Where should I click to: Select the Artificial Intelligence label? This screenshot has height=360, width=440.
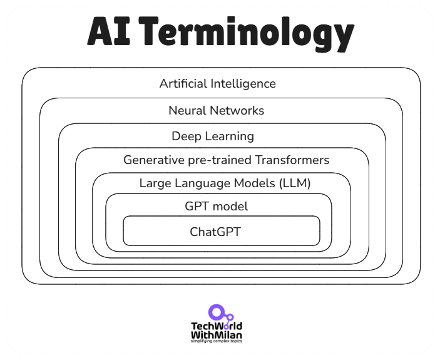217,83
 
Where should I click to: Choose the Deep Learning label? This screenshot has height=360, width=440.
213,136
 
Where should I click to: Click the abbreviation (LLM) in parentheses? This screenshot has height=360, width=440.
294,183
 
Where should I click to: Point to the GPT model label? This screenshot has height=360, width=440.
216,207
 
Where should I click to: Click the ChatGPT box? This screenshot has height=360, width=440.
221,232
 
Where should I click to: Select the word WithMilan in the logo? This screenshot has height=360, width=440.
216,334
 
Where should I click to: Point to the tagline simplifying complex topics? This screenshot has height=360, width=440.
216,341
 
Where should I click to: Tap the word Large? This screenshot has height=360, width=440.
153,184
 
